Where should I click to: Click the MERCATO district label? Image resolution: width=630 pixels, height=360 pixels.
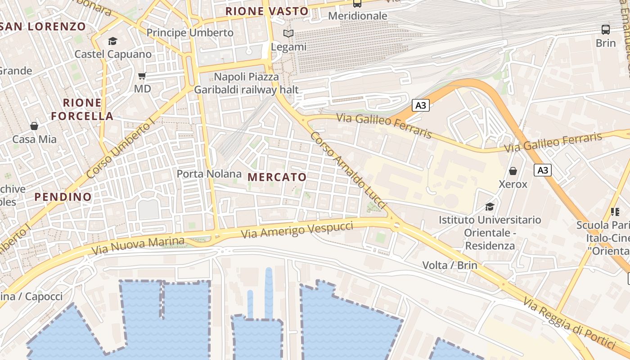coord(277,177)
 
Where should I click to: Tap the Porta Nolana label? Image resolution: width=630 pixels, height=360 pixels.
coord(209,174)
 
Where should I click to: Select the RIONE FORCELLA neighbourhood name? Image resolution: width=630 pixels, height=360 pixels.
coord(82,109)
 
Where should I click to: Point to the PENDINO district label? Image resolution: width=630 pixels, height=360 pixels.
coord(63,197)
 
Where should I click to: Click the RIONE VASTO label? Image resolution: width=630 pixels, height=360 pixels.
coord(267,11)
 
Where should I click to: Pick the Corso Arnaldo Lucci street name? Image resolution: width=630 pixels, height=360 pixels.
coord(349,170)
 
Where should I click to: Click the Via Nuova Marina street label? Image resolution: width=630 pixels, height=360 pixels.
coord(138,246)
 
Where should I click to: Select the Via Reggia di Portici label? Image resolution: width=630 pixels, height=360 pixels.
coord(569,323)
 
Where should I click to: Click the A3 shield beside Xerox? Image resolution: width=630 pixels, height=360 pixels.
coord(543,170)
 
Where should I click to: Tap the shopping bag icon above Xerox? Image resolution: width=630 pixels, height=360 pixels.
coord(513,171)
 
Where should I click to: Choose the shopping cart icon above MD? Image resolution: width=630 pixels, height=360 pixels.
coord(142,76)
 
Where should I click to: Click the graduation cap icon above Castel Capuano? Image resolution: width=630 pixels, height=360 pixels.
coord(112,41)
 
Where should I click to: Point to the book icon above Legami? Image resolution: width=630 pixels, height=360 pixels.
coord(288,33)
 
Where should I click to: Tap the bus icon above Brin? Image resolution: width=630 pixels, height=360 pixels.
coord(606,30)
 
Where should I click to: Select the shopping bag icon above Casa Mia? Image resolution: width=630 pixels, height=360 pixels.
coord(34,126)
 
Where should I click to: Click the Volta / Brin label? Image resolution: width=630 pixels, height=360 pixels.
coord(450,265)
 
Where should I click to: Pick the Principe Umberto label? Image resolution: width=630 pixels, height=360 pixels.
coord(190,33)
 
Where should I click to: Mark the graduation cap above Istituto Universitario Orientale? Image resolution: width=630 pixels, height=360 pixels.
coord(490,207)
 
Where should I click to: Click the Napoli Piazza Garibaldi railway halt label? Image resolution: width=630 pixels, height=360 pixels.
coord(246,83)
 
